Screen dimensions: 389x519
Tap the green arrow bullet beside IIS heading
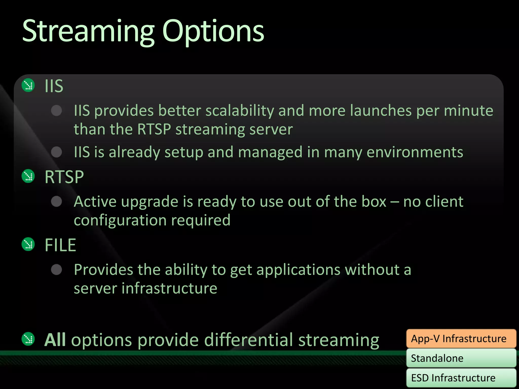[x=28, y=85]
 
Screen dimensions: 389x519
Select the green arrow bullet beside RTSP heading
[x=28, y=176]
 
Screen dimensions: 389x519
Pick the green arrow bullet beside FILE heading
[x=28, y=244]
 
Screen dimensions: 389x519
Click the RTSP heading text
[x=64, y=177]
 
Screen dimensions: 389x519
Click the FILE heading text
[x=60, y=245]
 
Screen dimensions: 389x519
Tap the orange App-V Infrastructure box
[x=461, y=339]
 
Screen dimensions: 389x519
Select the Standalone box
[x=461, y=358]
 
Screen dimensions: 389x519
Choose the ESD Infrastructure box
[x=461, y=378]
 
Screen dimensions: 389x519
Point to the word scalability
[x=239, y=111]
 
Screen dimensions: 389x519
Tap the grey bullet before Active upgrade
[x=56, y=202]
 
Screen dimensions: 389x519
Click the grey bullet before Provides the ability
[x=56, y=270]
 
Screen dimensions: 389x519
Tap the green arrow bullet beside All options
[x=28, y=339]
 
